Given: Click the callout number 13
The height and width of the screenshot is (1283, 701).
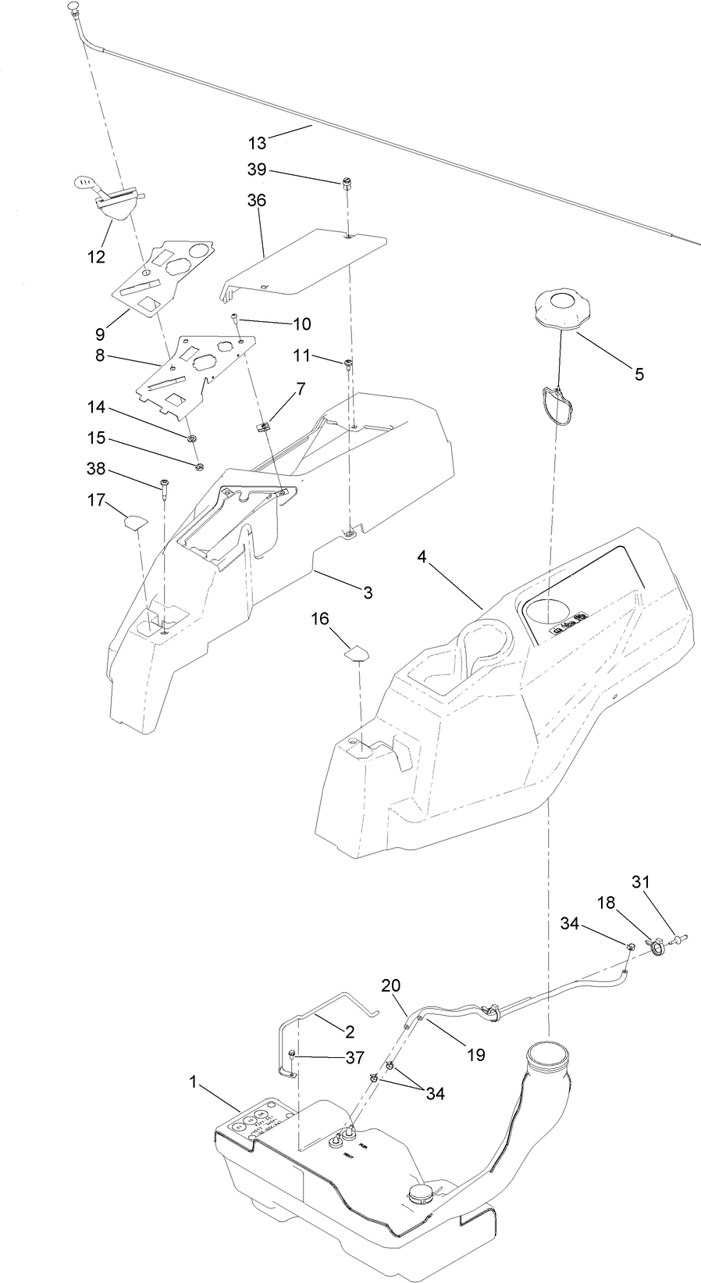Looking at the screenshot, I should pos(257,143).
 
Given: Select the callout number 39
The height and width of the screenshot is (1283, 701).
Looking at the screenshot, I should pos(257,170).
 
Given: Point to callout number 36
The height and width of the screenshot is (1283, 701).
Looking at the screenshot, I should pos(257,201).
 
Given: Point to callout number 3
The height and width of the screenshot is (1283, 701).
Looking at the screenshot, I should pos(367,592).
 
